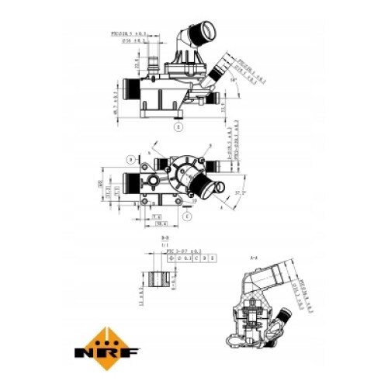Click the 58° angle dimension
(235, 78)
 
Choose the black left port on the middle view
(129, 185)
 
